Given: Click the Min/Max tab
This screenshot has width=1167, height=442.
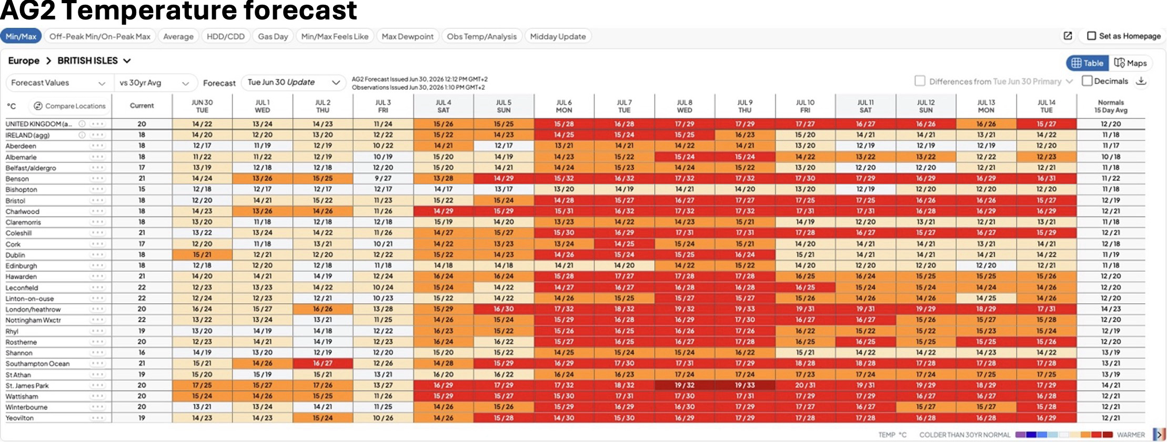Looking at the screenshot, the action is (21, 36).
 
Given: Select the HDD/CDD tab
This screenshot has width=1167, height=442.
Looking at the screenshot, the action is (226, 36).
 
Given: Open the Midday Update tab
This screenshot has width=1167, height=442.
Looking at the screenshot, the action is (558, 36).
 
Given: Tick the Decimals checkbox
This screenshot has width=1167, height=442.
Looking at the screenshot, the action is (1087, 81).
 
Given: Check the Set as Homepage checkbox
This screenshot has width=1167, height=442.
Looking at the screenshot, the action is (1092, 36).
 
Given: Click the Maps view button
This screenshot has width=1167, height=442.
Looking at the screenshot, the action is (1130, 63).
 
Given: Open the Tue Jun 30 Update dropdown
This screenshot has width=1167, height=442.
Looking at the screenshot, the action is (294, 83).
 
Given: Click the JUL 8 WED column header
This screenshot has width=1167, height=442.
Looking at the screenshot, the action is (685, 106).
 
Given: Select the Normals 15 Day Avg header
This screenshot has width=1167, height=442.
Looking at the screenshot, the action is (1111, 106).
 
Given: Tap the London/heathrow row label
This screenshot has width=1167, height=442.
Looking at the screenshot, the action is (33, 310).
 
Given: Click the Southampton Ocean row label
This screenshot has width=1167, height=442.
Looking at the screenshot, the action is (37, 364).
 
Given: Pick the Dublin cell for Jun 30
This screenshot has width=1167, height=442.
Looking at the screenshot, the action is (202, 255).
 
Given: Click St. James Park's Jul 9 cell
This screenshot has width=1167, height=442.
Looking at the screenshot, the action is (745, 385).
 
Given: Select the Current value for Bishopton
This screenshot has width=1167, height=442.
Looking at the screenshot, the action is (142, 189).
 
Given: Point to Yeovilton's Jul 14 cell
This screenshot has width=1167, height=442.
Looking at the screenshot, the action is (1047, 418).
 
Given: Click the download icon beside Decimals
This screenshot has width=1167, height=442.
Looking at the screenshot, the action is (1141, 81).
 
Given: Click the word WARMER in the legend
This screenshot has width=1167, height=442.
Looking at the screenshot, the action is (1131, 435).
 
